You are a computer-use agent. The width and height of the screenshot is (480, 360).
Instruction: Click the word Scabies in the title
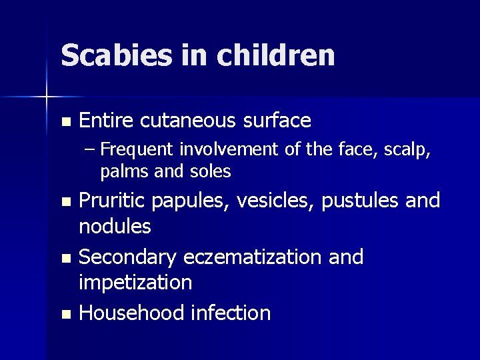coord(117,55)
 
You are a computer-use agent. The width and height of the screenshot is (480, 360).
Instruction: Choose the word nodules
coord(115,227)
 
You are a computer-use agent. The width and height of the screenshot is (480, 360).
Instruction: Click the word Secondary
coord(129,257)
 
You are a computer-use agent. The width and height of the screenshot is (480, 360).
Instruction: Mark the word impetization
coord(135,283)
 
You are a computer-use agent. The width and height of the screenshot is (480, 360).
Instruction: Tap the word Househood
coord(131,313)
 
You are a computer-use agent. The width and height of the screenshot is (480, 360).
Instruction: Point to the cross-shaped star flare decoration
coord(47,97)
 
